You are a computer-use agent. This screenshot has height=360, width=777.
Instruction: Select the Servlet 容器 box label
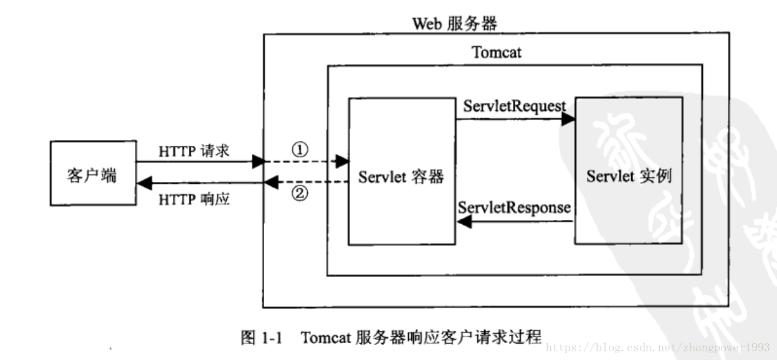401,177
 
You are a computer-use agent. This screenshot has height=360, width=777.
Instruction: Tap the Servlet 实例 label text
628,176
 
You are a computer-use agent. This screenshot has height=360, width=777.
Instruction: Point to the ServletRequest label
515,106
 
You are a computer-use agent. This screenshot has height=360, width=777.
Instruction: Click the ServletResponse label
514,207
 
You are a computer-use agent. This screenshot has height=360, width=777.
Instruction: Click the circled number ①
300,150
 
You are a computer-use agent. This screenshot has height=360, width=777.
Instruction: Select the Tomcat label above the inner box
497,52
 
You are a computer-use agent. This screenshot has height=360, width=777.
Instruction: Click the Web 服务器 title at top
455,24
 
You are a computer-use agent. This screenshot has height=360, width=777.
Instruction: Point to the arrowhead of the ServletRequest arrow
568,120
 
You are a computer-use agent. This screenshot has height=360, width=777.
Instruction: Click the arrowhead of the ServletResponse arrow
464,222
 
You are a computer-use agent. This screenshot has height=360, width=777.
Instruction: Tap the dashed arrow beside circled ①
305,162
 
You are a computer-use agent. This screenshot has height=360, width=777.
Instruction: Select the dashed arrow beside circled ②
305,182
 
